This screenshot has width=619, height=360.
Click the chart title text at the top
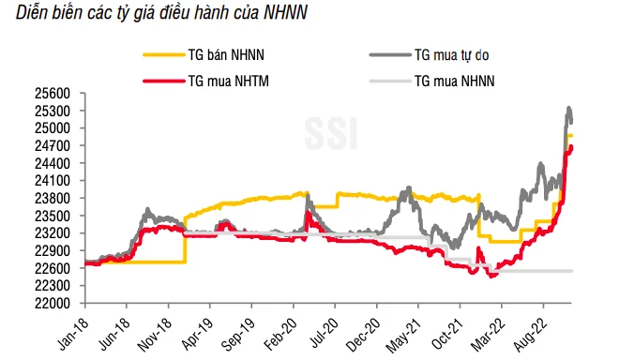pyautogui.click(x=161, y=12)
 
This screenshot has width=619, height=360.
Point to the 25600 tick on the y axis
pyautogui.click(x=53, y=94)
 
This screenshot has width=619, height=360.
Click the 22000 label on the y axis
pyautogui.click(x=53, y=303)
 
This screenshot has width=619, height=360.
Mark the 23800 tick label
pyautogui.click(x=53, y=198)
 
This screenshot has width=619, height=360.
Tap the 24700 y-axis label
pyautogui.click(x=53, y=146)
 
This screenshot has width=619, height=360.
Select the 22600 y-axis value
pyautogui.click(x=53, y=268)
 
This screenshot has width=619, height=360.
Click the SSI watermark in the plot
pyautogui.click(x=331, y=133)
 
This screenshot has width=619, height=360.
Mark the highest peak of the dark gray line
pyautogui.click(x=569, y=108)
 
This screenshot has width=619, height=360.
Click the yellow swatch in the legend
pyautogui.click(x=164, y=55)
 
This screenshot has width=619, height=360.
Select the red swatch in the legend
pyautogui.click(x=164, y=82)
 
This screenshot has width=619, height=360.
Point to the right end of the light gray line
pyautogui.click(x=571, y=271)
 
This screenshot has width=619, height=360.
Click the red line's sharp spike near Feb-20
pyautogui.click(x=308, y=213)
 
